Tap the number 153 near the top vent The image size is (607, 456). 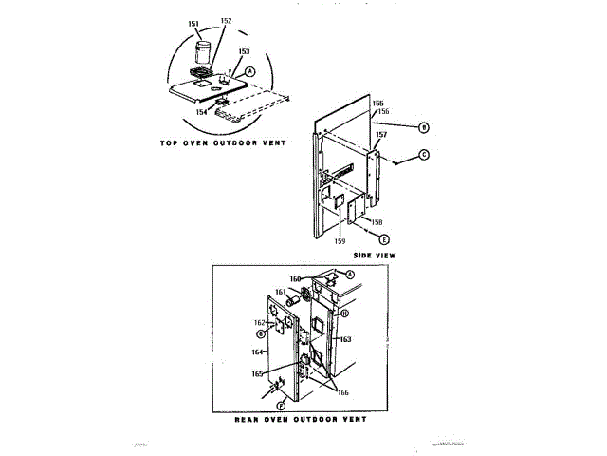245,52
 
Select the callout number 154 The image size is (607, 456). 202,112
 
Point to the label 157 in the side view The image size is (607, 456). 380,134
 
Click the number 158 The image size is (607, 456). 377,222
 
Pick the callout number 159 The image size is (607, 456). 339,241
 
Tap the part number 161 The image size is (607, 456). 281,292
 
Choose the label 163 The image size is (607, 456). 345,339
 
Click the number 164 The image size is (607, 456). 256,352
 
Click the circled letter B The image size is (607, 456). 424,127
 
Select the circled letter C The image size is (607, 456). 424,154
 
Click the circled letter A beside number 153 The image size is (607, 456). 250,71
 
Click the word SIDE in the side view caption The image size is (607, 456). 362,256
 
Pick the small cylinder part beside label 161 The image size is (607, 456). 296,300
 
